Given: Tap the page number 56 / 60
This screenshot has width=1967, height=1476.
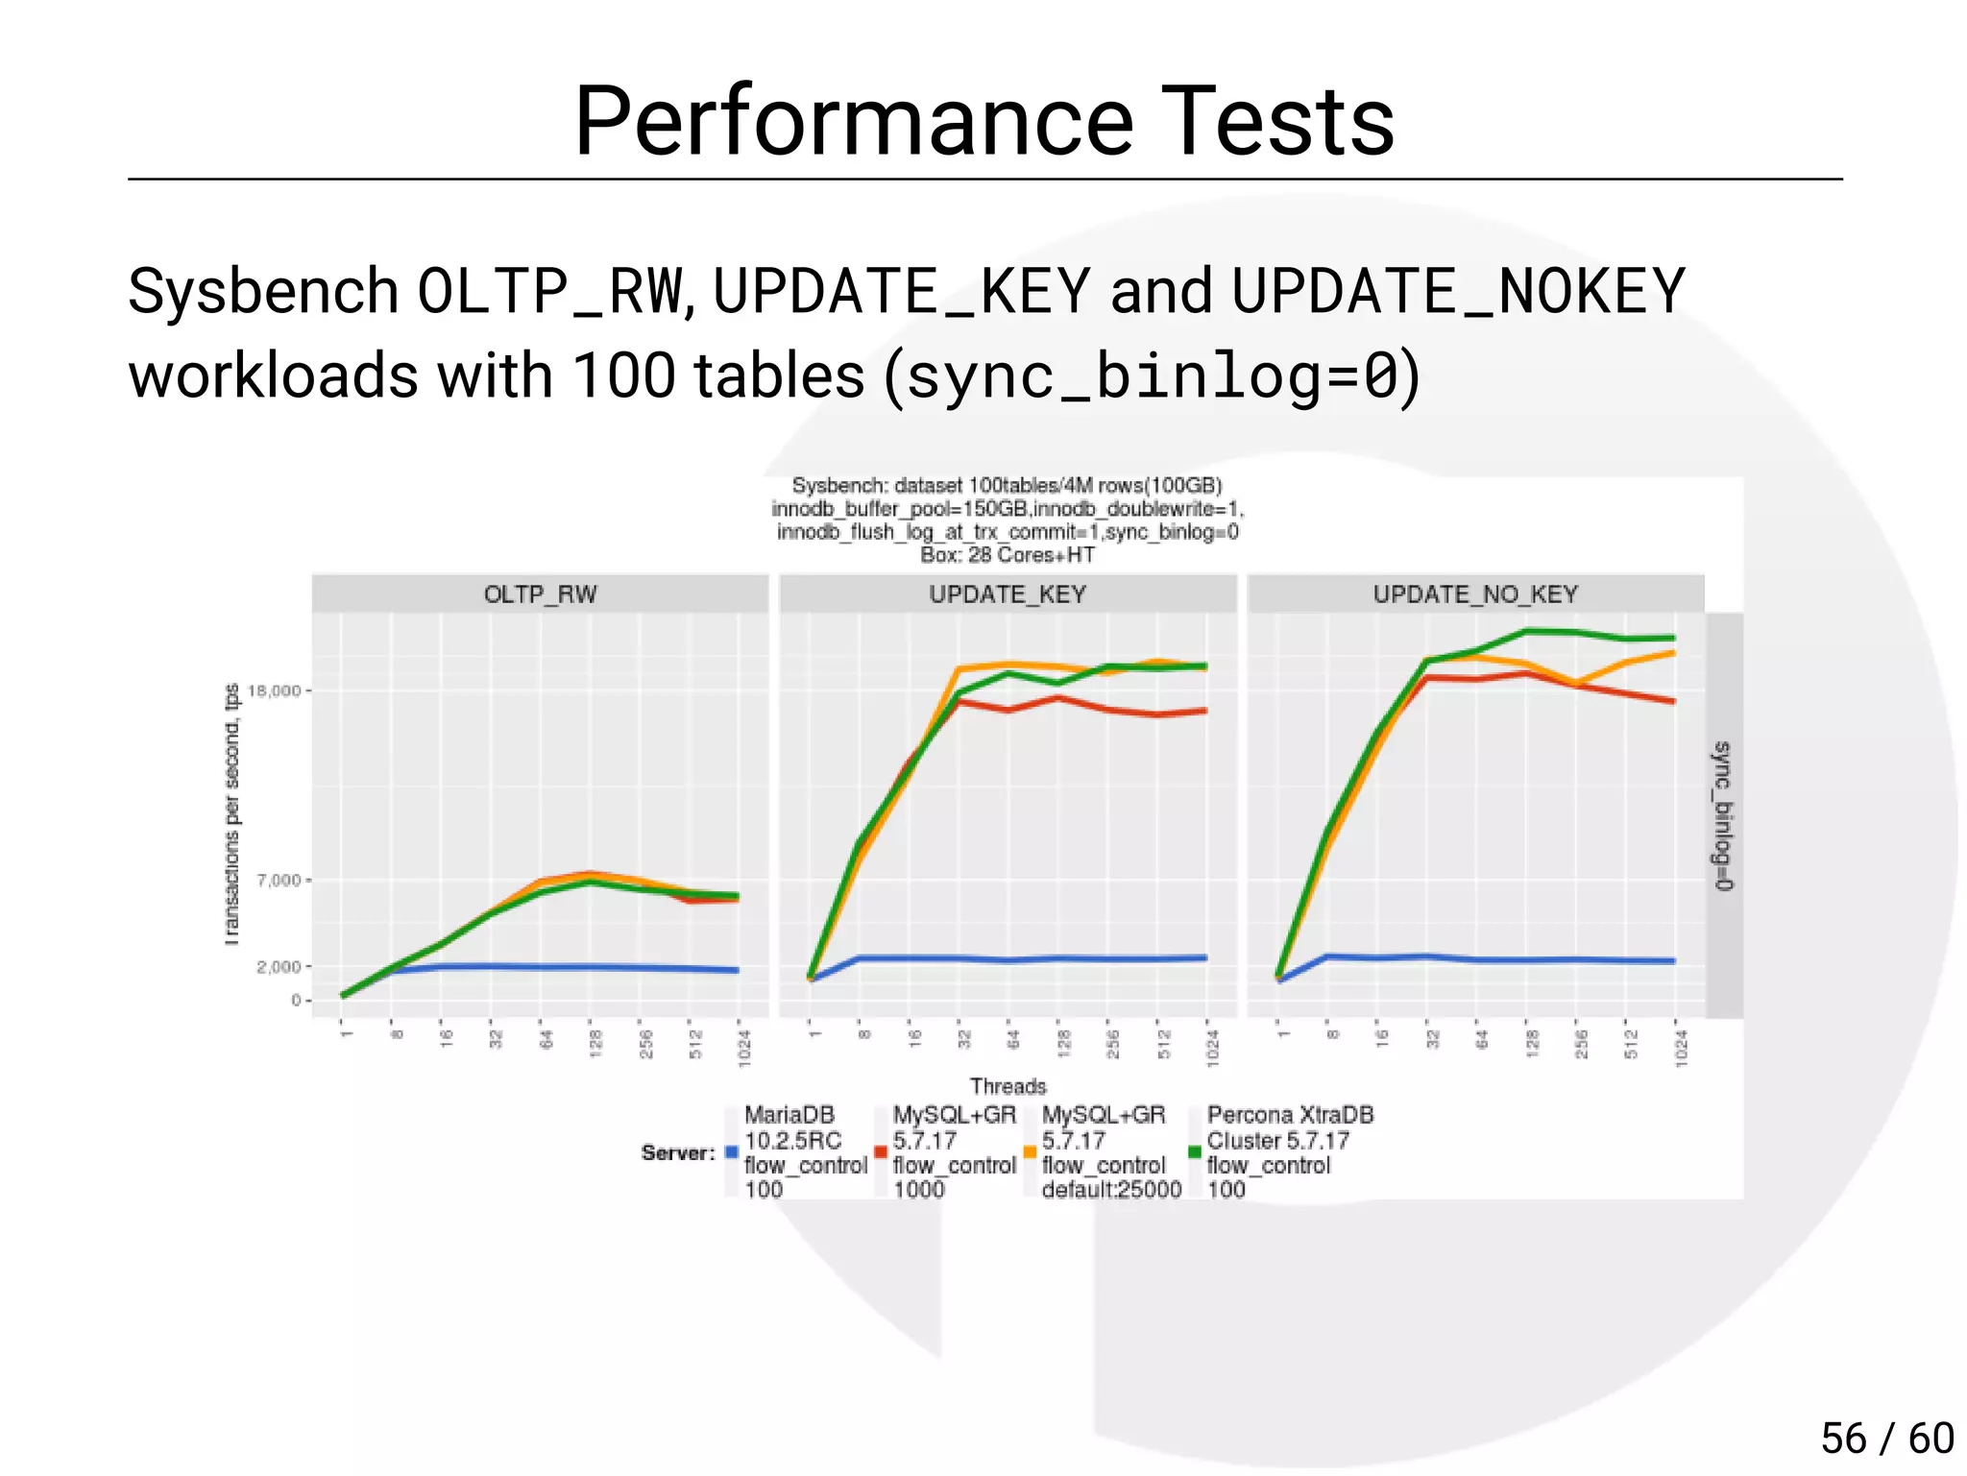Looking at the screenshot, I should [x=1886, y=1438].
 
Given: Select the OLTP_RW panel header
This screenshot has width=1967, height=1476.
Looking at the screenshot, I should [x=540, y=594].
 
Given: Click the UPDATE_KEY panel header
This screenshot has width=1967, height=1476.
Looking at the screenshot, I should [x=1008, y=594].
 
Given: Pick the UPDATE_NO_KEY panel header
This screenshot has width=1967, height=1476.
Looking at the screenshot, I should [x=1475, y=594].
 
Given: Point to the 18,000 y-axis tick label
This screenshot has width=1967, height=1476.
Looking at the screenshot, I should [x=275, y=690].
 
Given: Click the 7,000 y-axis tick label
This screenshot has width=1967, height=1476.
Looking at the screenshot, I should [x=279, y=880].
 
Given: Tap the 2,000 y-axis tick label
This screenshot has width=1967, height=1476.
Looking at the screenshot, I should [x=279, y=966].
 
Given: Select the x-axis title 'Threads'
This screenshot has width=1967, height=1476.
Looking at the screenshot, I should [x=1008, y=1086].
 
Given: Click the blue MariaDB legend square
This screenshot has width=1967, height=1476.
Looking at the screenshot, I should [x=732, y=1152].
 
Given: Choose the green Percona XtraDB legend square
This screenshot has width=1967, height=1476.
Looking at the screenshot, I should [x=1195, y=1152].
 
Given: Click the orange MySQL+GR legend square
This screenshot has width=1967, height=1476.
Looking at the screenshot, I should [x=1030, y=1152].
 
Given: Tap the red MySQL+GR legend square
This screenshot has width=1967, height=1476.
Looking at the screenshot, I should [x=881, y=1152].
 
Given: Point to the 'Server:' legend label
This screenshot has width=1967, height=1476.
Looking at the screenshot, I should [x=678, y=1152].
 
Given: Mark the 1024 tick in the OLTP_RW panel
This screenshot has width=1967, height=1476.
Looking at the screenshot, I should [x=743, y=1047].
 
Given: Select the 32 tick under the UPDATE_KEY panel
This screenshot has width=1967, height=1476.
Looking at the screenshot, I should [x=964, y=1039].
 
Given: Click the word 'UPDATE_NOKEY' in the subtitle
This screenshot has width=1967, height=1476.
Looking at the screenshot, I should [x=1458, y=291].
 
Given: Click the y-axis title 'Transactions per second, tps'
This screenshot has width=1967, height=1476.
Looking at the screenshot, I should [x=231, y=814].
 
